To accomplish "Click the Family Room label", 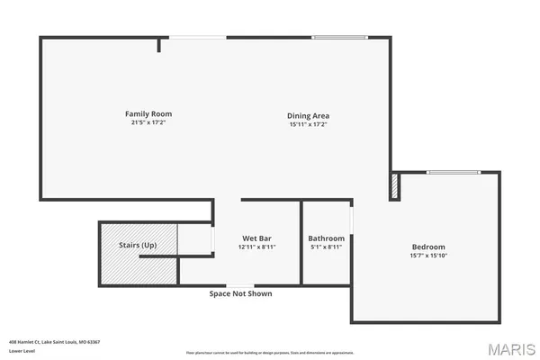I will tap(148, 114).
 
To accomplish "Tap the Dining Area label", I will tap(308, 115).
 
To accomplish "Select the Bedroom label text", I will tap(428, 247).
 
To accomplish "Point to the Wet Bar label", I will tap(256, 238).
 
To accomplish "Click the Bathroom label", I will tap(327, 238).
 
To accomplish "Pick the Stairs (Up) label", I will tap(138, 245).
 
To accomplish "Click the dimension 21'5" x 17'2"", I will tap(148, 122).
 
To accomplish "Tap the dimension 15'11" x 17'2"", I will tap(308, 124).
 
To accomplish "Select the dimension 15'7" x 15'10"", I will tap(428, 256).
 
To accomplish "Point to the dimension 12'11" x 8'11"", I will tap(256, 247).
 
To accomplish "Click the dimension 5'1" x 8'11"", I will tap(327, 247).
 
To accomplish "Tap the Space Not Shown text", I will tap(240, 293).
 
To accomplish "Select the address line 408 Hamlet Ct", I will tap(54, 342).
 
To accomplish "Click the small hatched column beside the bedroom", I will tap(393, 186).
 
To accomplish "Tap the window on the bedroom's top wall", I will tap(453, 172).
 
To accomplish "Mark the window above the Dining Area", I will tap(339, 37).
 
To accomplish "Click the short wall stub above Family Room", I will tap(158, 44).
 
